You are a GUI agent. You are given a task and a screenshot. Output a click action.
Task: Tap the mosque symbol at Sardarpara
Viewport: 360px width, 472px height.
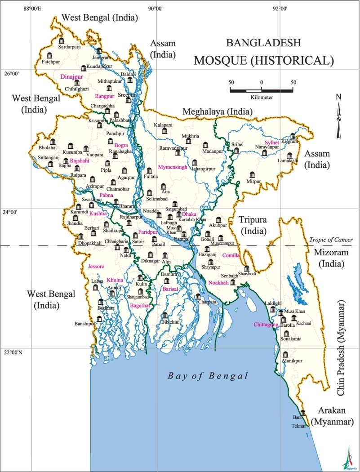pyautogui.click(x=62, y=41)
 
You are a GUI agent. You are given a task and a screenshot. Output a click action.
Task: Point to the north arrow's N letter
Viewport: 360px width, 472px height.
pyautogui.click(x=338, y=97)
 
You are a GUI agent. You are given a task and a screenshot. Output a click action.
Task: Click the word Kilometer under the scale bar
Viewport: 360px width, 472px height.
pyautogui.click(x=261, y=97)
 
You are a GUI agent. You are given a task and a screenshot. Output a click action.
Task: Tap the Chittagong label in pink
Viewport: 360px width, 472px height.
pyautogui.click(x=266, y=325)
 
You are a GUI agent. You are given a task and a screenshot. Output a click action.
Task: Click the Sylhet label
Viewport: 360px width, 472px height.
pyautogui.click(x=272, y=142)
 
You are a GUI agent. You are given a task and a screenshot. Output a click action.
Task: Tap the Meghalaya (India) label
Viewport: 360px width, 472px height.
pyautogui.click(x=217, y=111)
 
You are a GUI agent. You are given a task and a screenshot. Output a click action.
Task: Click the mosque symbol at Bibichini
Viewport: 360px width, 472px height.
pyautogui.click(x=164, y=316)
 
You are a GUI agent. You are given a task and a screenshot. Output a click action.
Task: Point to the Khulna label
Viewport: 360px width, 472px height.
pyautogui.click(x=115, y=280)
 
